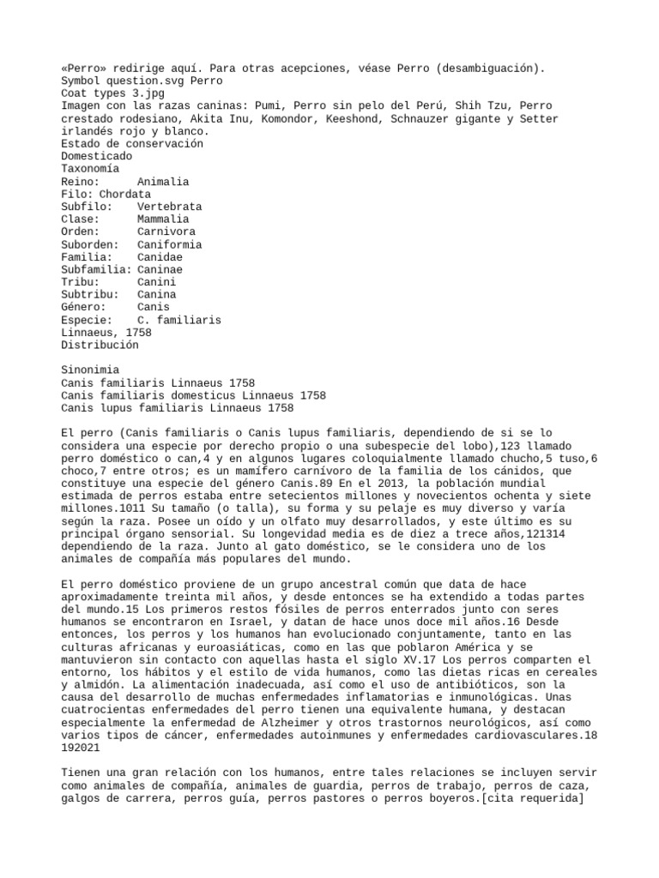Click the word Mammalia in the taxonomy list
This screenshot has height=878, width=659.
162,219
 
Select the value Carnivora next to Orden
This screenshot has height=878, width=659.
166,232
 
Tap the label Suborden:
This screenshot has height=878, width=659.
90,244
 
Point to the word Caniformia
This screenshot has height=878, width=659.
169,244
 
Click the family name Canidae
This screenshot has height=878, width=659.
160,257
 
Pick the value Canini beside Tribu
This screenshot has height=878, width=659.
156,282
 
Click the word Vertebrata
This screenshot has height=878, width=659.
169,207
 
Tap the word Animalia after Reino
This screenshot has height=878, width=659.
163,183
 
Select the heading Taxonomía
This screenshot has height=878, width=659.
90,170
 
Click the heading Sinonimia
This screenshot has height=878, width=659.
90,370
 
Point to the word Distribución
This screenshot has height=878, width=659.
100,345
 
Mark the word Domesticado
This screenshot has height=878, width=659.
96,157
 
